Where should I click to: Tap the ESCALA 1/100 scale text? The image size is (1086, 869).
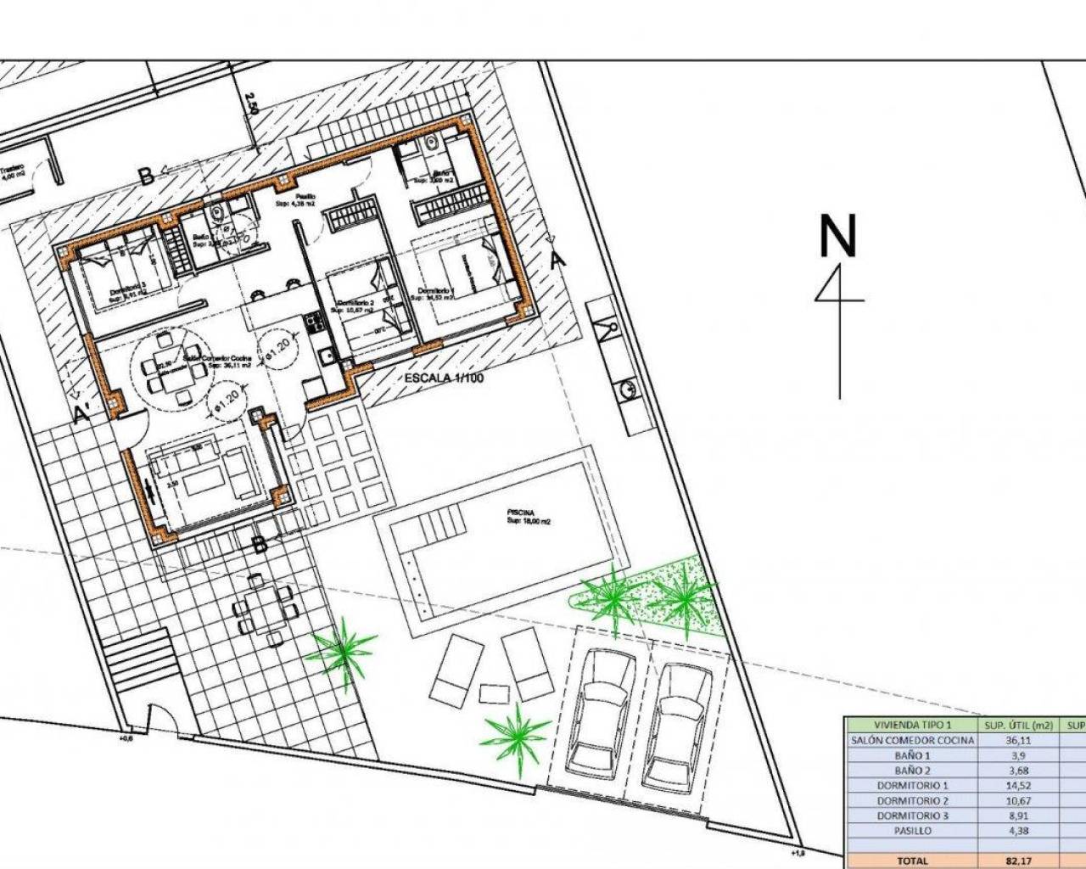444,378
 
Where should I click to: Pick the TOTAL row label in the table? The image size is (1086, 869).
912,861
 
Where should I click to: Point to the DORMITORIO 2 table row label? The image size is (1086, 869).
912,800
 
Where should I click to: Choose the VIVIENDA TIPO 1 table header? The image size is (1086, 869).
912,725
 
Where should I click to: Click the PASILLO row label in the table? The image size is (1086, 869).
912,831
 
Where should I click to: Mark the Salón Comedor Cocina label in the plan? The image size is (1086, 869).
217,360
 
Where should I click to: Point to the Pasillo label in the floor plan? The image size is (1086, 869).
294,197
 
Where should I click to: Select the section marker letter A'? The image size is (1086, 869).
82,414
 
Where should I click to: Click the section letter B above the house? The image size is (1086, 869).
146,177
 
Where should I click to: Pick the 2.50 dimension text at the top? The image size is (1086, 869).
250,104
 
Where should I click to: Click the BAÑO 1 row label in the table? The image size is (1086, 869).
912,755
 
